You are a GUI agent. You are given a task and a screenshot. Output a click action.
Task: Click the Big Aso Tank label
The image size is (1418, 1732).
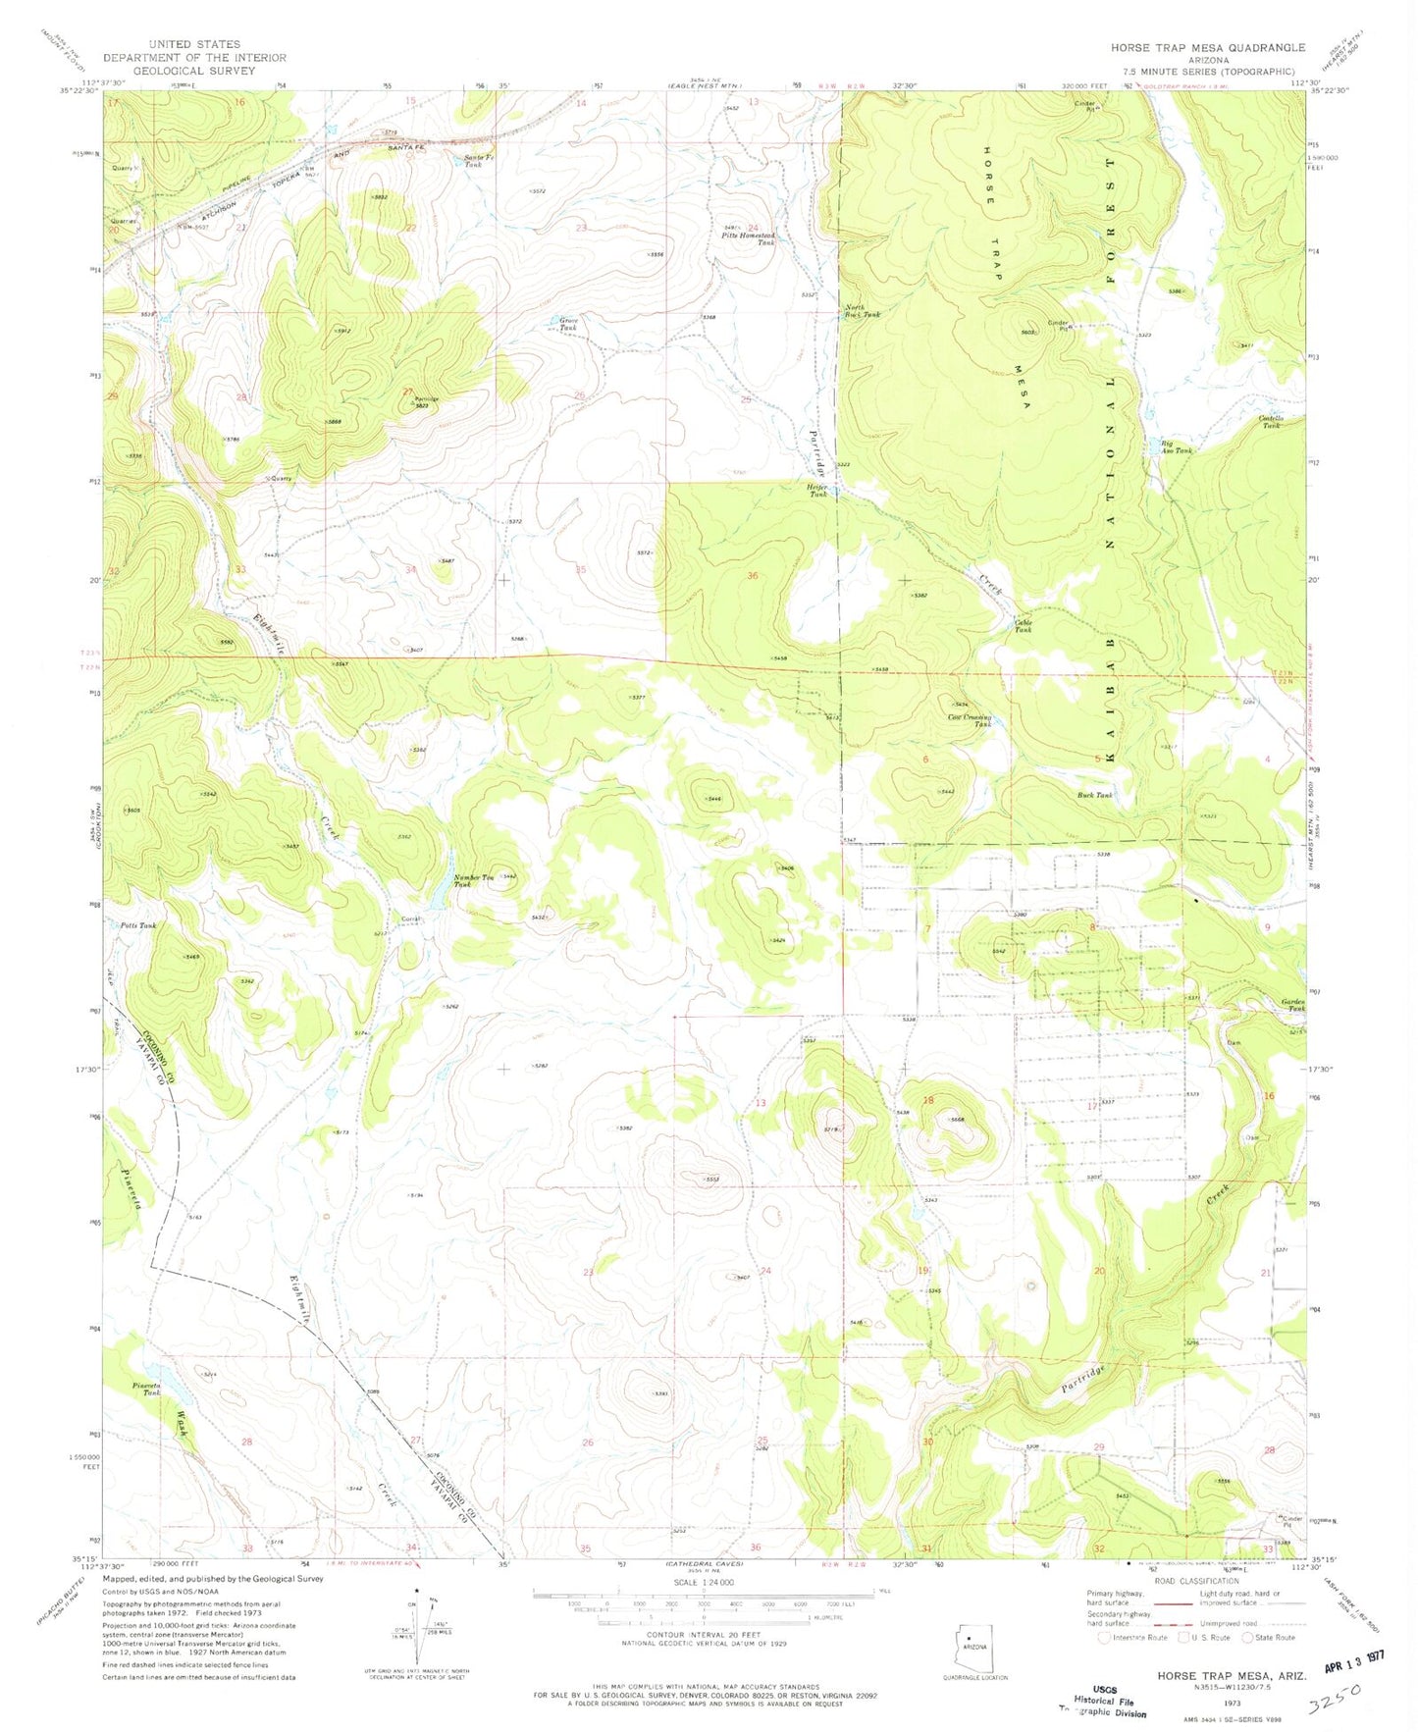[x=1176, y=446]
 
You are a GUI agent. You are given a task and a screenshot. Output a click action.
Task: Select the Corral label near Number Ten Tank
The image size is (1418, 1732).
[x=410, y=918]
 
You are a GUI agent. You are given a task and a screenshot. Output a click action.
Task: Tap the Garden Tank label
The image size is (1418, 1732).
[x=1293, y=1005]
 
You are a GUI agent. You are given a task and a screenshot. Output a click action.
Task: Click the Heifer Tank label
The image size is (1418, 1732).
[x=817, y=491]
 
